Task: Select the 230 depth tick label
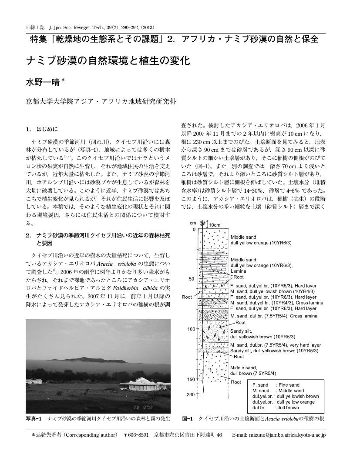[191, 394]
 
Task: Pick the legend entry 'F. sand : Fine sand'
[276, 385]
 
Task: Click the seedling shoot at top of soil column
[203, 224]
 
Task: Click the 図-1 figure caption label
[187, 419]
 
